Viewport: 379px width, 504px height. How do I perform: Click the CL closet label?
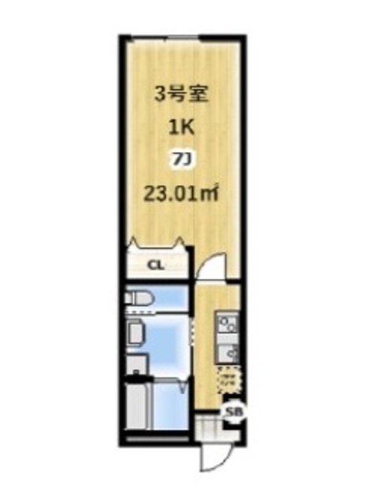click(155, 265)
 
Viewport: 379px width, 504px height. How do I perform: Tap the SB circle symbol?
click(232, 412)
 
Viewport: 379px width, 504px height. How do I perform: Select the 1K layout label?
click(176, 127)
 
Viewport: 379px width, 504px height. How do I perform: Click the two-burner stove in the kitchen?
click(229, 323)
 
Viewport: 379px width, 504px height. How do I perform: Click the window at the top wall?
click(182, 38)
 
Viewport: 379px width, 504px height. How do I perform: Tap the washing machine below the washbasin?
click(135, 365)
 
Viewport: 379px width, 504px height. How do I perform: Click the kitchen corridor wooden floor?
click(205, 346)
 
